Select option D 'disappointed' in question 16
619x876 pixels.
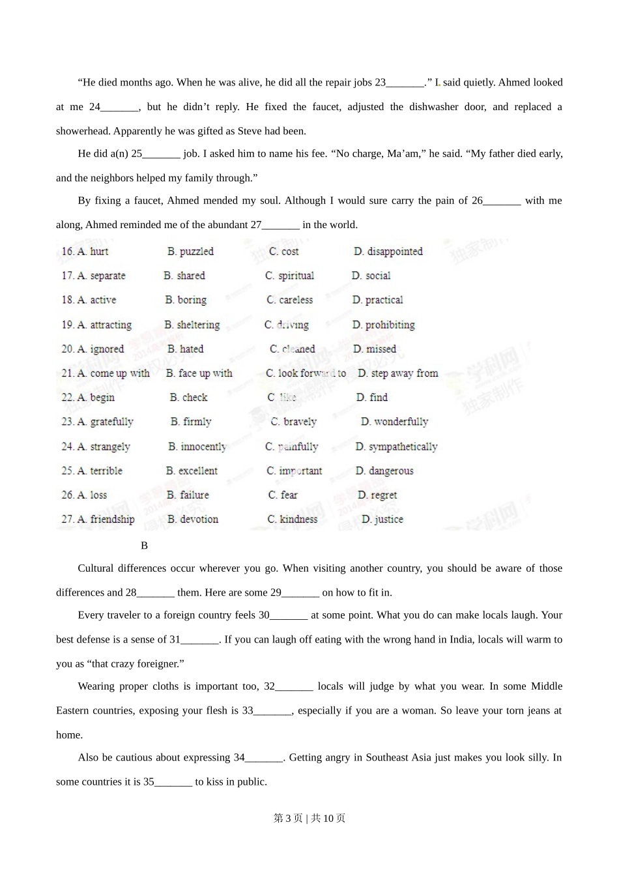point(388,252)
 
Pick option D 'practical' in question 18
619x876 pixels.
point(377,300)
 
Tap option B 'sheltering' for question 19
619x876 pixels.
point(192,325)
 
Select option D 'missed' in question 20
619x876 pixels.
point(375,349)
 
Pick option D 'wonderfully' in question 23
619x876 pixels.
point(395,422)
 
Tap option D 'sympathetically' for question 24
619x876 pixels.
point(396,446)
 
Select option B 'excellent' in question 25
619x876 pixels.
point(192,471)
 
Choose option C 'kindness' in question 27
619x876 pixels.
point(293,519)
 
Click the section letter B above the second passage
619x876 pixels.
point(145,545)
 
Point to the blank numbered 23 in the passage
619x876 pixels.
point(405,83)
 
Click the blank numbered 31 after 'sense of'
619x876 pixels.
point(200,639)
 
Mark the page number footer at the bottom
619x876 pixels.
point(309,818)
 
